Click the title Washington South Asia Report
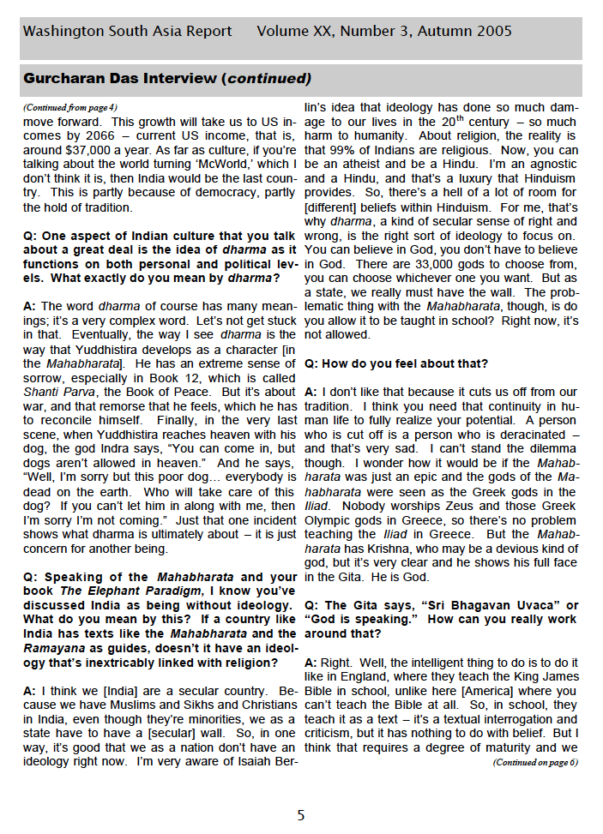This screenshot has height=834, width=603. click(x=127, y=32)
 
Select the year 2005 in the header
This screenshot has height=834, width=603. click(x=492, y=32)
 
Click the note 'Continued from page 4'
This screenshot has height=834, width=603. click(x=70, y=107)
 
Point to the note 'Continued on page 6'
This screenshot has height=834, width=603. click(x=535, y=762)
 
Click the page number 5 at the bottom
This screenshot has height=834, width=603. click(x=301, y=815)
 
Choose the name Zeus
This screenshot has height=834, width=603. click(x=439, y=507)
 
